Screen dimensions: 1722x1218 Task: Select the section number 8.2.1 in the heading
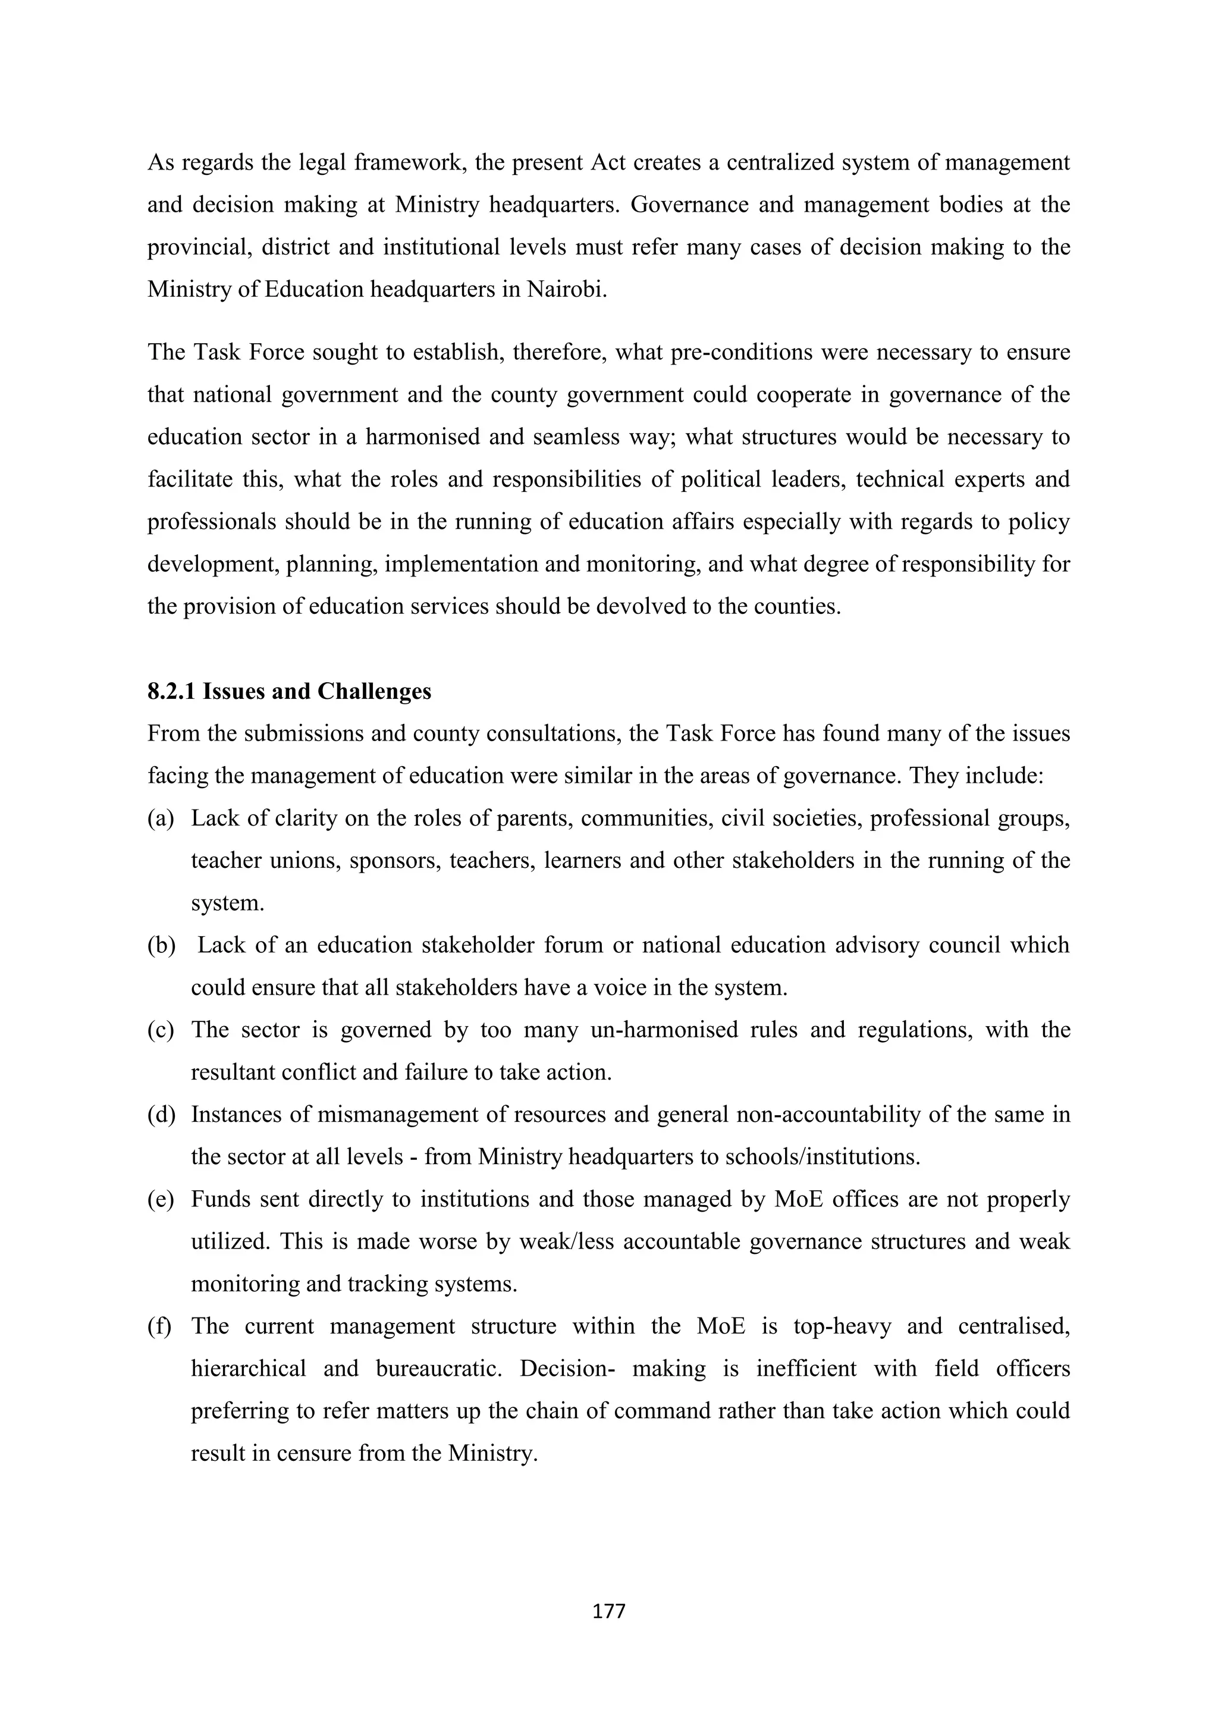click(171, 692)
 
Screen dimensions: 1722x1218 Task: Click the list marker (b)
click(161, 945)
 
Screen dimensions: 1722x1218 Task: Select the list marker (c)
click(161, 1030)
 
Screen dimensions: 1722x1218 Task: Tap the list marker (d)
click(161, 1115)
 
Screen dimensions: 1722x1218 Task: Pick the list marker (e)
click(161, 1199)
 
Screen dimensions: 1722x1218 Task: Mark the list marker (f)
click(160, 1326)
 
